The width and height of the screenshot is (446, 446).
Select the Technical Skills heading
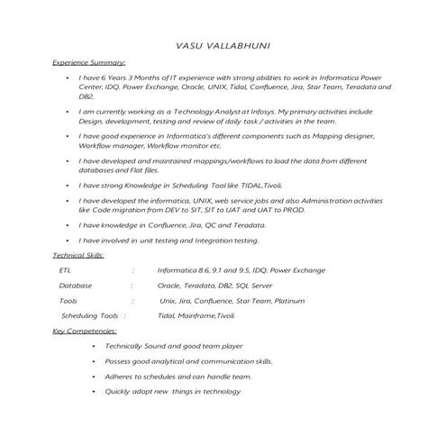point(78,256)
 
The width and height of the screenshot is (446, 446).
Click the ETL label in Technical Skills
point(64,269)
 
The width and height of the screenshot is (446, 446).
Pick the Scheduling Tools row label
point(89,315)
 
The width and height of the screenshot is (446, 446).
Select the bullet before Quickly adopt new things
point(94,392)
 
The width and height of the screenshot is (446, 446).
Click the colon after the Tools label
point(132,300)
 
